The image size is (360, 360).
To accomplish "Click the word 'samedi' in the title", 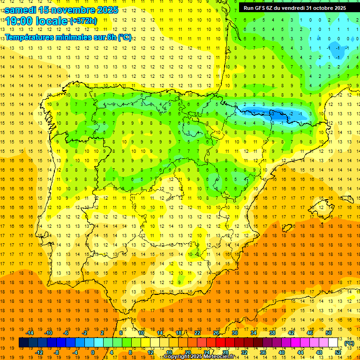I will pos(21,9).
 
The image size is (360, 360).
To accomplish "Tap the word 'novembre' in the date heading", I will pos(69,9).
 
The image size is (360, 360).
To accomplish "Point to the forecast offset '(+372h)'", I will pos(83,21).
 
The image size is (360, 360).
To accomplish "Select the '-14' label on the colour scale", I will pos(30,333).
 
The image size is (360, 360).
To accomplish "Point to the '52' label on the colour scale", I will pos(338,352).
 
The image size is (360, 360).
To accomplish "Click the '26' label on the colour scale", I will pos(216,333).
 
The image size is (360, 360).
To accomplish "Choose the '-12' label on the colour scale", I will pos(39,352).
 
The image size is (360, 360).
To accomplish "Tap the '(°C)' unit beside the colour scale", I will pos(349,343).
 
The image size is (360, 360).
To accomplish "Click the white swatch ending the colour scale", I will pos(333,343).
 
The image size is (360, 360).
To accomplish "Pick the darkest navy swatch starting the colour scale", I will pos(24,343).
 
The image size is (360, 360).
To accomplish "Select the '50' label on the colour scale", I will pos(329,333).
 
